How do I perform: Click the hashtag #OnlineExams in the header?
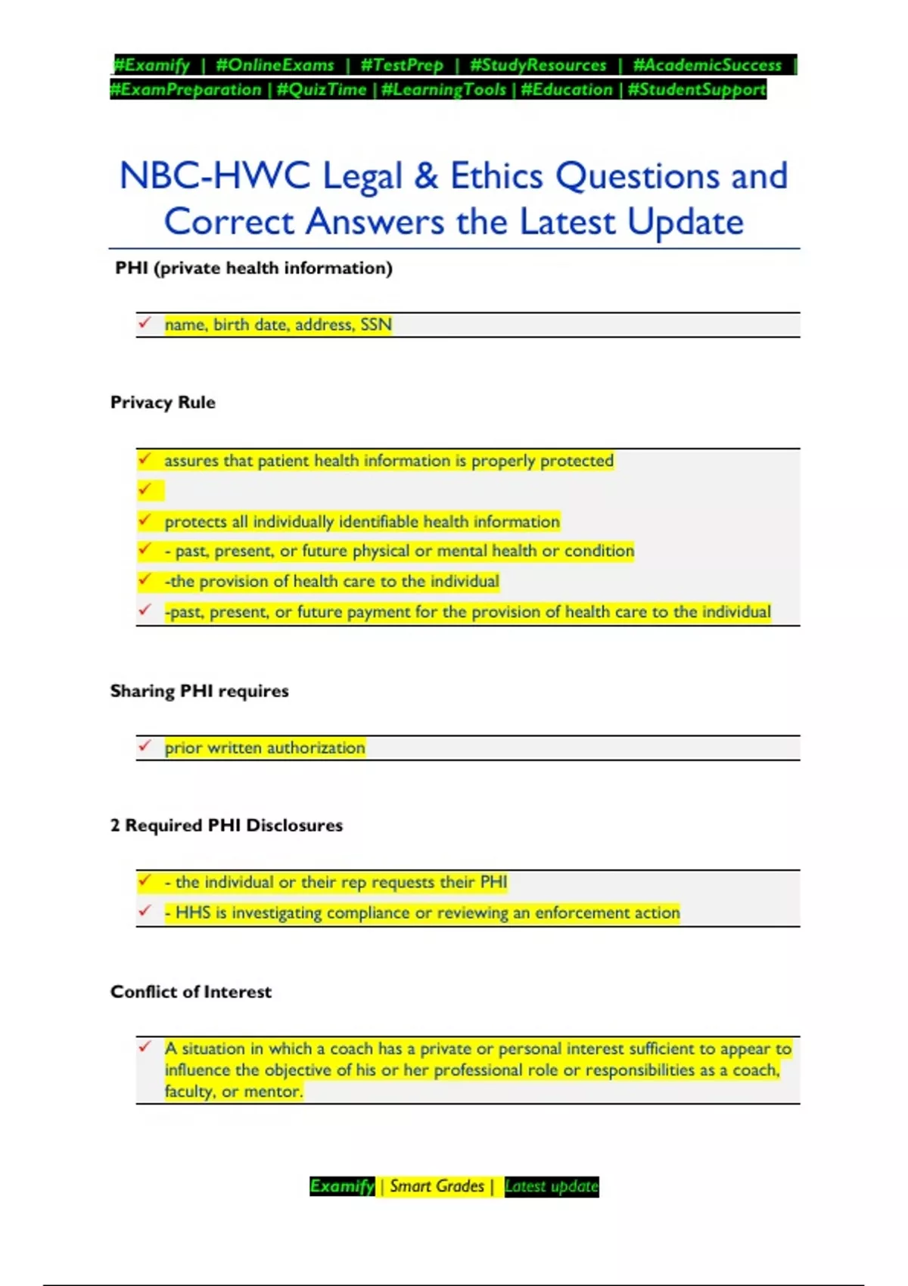click(x=275, y=65)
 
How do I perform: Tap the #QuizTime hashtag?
click(x=322, y=89)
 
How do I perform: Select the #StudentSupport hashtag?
click(x=697, y=89)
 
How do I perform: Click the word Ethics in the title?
click(x=496, y=176)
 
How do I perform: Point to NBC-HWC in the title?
click(x=215, y=176)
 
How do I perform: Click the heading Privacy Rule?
click(x=163, y=402)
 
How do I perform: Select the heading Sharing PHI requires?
click(x=199, y=691)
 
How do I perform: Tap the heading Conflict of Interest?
click(x=191, y=992)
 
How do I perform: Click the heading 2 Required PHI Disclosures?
click(x=226, y=825)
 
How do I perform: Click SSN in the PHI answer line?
click(x=376, y=325)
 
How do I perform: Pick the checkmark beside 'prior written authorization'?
click(x=145, y=746)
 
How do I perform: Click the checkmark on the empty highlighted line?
click(x=145, y=489)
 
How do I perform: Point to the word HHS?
click(x=193, y=913)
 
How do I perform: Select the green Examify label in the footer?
click(x=342, y=1186)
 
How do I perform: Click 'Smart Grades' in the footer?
click(x=437, y=1186)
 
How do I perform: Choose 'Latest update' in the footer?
click(x=552, y=1186)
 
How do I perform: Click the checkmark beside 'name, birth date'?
click(x=145, y=323)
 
